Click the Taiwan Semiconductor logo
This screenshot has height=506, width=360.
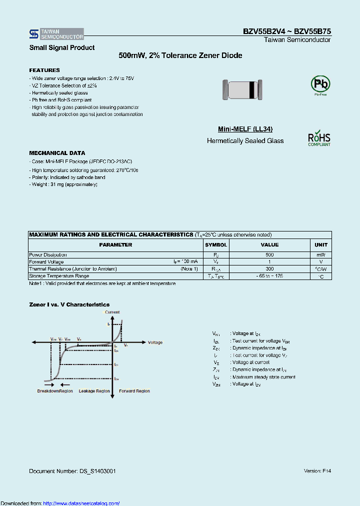coord(56,34)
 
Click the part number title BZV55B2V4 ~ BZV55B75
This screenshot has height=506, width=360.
coord(286,31)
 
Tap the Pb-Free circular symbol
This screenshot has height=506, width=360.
coord(320,84)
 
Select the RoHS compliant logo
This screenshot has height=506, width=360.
coord(319,138)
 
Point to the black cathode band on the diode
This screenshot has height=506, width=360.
coord(251,89)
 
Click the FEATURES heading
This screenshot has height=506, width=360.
coord(44,70)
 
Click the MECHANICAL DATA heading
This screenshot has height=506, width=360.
coord(57,153)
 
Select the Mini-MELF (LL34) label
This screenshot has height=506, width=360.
coord(245,129)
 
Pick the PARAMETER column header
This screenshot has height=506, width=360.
coord(115,245)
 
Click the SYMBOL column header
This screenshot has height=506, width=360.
coord(216,245)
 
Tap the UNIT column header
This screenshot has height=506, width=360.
coord(320,245)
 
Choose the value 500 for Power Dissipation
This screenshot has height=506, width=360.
coord(269,255)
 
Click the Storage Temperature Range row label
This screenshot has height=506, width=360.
coord(59,276)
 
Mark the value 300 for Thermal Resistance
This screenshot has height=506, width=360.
coord(269,269)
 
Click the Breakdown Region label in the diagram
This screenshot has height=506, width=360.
coord(55,391)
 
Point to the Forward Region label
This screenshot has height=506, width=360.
coord(134,391)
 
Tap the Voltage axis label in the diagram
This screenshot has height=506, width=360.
coord(155,342)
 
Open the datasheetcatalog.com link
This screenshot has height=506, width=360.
coord(81,503)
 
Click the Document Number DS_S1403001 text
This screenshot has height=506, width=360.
coord(72,471)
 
